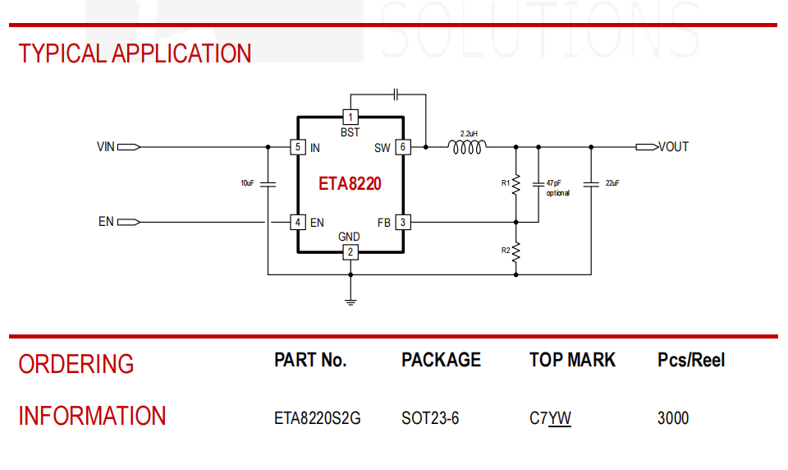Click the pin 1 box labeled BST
[x=350, y=117]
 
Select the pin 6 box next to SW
[x=403, y=147]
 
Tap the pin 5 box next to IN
[x=298, y=147]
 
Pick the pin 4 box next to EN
[x=298, y=222]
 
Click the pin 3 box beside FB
[x=403, y=222]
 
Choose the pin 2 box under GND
[x=350, y=252]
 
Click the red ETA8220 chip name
[x=350, y=184]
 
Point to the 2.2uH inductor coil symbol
[x=467, y=147]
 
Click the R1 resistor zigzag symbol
[x=516, y=185]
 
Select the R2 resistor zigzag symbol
[x=516, y=252]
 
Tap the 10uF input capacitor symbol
[x=268, y=184]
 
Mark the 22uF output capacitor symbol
[x=591, y=184]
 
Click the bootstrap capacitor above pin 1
[x=396, y=94]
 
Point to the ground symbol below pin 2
[x=350, y=302]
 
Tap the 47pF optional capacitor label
[x=558, y=187]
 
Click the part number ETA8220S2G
[x=317, y=418]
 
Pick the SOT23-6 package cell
[x=430, y=418]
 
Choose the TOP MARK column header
[x=572, y=360]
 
